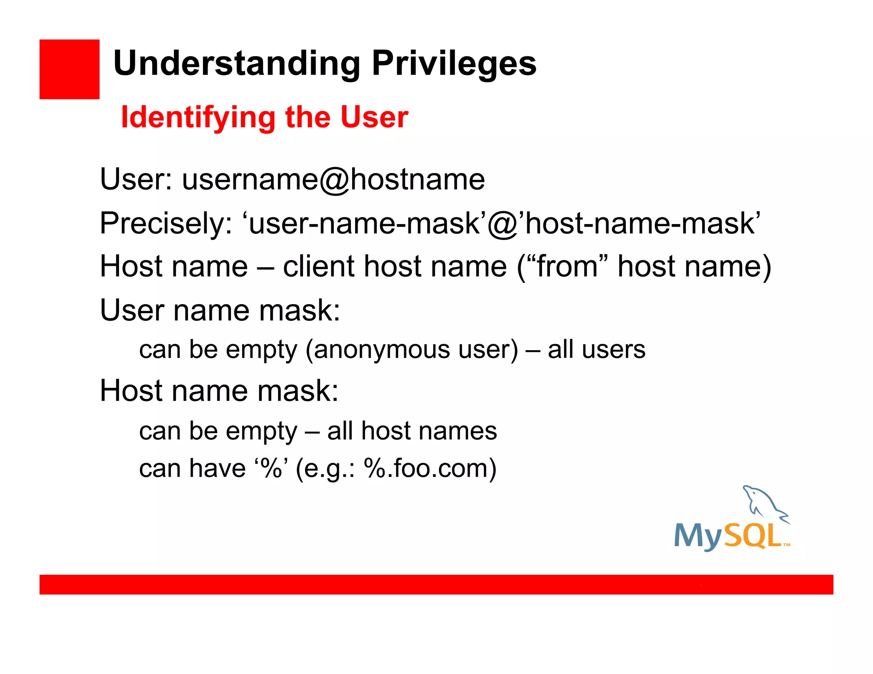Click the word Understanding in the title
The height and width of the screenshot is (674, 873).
(x=237, y=64)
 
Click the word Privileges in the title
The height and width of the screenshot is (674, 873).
(x=454, y=64)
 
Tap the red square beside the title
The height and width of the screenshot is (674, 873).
(x=69, y=69)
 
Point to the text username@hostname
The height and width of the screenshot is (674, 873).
(x=333, y=179)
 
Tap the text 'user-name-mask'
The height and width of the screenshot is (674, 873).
(x=363, y=223)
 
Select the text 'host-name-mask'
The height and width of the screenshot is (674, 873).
(x=639, y=223)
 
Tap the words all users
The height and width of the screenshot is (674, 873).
(x=596, y=350)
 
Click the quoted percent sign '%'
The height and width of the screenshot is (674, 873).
(x=272, y=468)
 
